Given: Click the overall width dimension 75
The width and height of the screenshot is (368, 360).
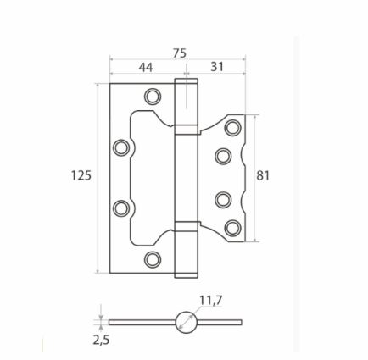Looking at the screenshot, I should click(179, 53).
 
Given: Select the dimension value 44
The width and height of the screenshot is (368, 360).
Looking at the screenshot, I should click(146, 67).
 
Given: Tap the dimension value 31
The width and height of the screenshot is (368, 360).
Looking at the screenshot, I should click(216, 67).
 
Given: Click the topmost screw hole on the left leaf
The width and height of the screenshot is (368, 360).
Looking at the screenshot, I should click(152, 96).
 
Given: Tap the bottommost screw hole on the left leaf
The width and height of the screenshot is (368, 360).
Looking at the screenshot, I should click(152, 258).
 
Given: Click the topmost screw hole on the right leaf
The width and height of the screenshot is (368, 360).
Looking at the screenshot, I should click(231, 128).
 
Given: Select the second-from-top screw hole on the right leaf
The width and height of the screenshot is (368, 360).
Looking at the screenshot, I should click(223, 155).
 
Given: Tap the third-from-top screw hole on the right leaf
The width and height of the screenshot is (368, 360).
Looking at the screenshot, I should click(223, 200).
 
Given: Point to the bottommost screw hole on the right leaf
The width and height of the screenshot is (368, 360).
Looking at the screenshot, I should click(231, 226).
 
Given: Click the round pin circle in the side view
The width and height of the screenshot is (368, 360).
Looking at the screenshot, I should click(186, 322).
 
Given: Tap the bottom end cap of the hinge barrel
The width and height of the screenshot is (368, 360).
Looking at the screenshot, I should click(185, 272).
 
